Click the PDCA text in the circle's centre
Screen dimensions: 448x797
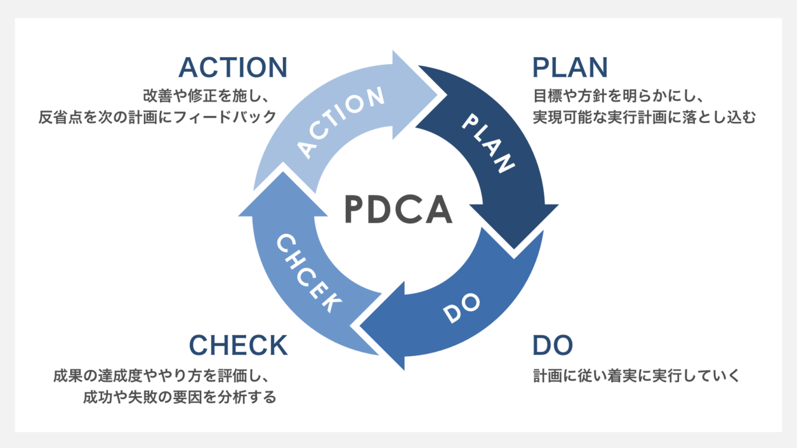[398, 209]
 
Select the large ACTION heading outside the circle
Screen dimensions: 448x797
[233, 67]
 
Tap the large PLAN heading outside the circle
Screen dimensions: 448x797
[570, 67]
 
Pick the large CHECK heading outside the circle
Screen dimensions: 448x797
[238, 345]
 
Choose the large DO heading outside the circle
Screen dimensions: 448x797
[553, 345]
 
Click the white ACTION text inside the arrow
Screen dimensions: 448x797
[341, 122]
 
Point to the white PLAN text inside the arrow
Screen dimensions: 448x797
[488, 143]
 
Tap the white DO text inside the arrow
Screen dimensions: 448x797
[461, 307]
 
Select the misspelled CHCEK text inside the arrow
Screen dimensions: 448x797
[308, 273]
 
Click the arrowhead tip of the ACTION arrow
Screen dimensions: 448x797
[444, 95]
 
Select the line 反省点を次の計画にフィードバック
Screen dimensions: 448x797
[157, 117]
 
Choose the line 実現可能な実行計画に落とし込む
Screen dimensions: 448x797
[644, 117]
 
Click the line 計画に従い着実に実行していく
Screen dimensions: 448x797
[637, 375]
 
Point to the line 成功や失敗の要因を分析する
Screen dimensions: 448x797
[180, 397]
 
